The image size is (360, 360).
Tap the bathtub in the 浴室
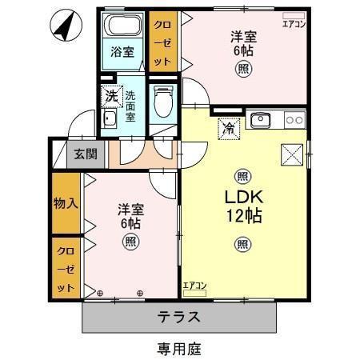coord(123,25)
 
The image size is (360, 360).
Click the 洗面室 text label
coord(130,104)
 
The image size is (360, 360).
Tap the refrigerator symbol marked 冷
coord(228,126)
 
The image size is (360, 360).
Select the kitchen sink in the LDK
coord(260,122)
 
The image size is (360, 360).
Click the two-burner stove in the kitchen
coord(294,121)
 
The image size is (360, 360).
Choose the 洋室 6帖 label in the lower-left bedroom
coord(130,216)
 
